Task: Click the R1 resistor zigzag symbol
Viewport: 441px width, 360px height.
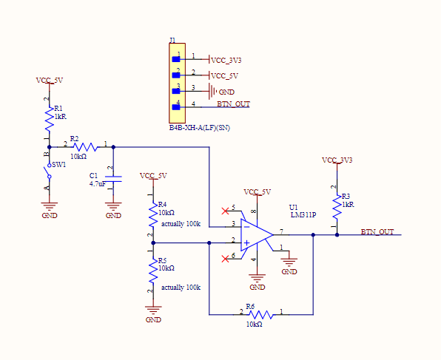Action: coord(50,120)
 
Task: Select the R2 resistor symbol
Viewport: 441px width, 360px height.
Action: coord(85,147)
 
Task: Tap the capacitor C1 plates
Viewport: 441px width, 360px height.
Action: coord(113,179)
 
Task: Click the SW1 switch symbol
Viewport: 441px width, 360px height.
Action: coord(48,171)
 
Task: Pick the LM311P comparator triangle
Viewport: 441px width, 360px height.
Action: coord(257,234)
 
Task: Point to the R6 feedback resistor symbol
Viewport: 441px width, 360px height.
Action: coord(261,314)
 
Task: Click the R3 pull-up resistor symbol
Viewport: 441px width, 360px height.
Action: coord(337,208)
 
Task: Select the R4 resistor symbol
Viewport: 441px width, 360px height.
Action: coord(153,214)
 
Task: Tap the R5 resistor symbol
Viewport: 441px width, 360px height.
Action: coord(153,271)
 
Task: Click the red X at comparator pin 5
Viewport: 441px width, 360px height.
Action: coord(225,211)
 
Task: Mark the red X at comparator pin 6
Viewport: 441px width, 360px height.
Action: coord(225,259)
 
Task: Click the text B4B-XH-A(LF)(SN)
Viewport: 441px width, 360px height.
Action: coord(199,128)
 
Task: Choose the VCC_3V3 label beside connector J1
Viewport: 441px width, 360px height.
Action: coord(226,61)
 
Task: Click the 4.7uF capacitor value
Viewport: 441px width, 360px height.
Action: coord(98,184)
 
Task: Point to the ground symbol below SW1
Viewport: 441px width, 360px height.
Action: coord(50,206)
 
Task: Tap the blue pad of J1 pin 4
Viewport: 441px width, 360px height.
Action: coord(176,107)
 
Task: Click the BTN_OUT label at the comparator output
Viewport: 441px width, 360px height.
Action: coord(377,232)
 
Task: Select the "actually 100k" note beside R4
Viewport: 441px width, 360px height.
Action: coord(181,224)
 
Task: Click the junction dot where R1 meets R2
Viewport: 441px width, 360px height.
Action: coord(50,147)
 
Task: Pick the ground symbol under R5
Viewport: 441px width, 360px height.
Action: coord(153,310)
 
